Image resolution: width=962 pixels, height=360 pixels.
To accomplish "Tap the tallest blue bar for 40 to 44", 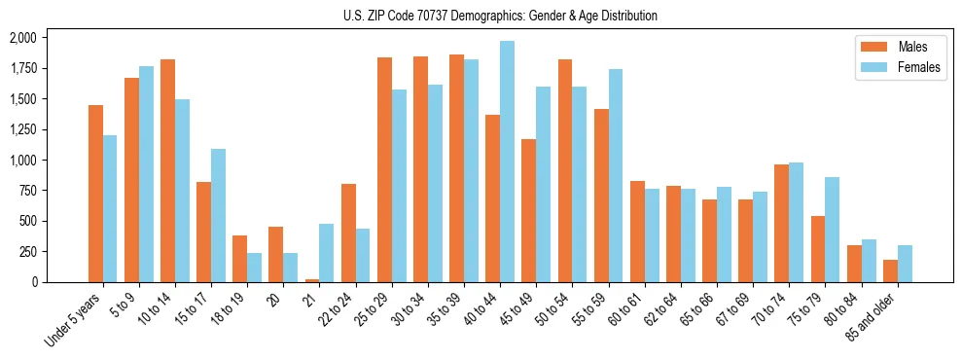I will pyautogui.click(x=507, y=162).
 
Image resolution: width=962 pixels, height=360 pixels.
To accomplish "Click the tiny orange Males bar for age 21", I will pyautogui.click(x=312, y=280).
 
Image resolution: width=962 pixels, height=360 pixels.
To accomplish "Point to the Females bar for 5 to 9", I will pyautogui.click(x=146, y=174).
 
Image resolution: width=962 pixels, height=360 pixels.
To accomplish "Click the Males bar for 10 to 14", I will pyautogui.click(x=167, y=170).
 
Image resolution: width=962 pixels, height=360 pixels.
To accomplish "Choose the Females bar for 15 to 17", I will pyautogui.click(x=218, y=215).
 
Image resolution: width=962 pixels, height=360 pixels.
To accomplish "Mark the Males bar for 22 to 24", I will pyautogui.click(x=348, y=233).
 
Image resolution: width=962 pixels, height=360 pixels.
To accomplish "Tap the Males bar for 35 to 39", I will pyautogui.click(x=456, y=168).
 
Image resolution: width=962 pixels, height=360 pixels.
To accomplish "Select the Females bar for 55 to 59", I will pyautogui.click(x=616, y=175).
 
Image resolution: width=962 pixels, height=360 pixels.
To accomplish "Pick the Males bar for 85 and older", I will pyautogui.click(x=890, y=270).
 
